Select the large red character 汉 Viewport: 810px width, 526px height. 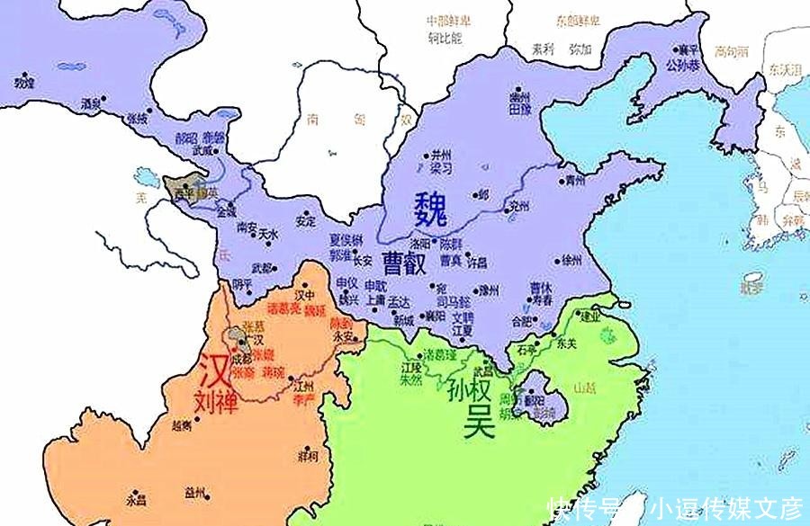(x=213, y=369)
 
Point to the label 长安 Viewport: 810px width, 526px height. (x=362, y=261)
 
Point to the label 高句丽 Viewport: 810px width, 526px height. (x=730, y=51)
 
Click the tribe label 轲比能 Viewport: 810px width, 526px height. (x=444, y=38)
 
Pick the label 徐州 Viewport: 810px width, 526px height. (x=572, y=261)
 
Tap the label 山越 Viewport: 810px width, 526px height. (x=585, y=387)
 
